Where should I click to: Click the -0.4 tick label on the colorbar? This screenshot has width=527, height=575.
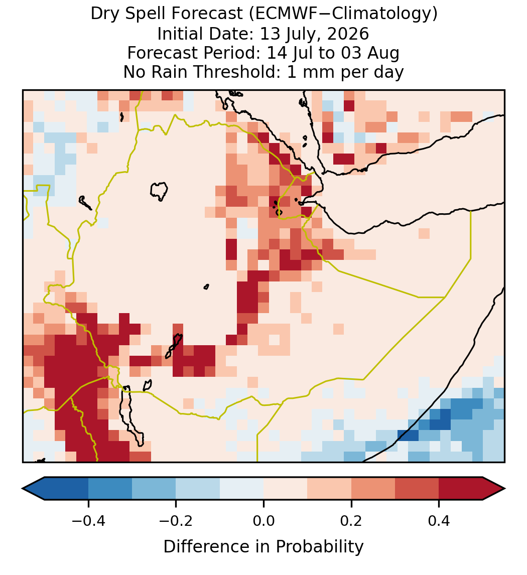tap(88, 520)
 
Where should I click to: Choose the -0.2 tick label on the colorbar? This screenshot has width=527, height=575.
tap(176, 520)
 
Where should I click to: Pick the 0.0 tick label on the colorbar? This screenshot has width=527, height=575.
tap(263, 520)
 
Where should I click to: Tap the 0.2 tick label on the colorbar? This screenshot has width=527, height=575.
tap(351, 520)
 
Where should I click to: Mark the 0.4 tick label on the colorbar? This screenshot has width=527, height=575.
tap(439, 520)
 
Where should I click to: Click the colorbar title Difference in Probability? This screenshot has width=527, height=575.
tap(263, 547)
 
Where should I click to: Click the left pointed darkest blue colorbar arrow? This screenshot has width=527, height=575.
tap(34, 489)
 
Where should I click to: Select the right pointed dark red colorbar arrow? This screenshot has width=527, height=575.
tap(494, 489)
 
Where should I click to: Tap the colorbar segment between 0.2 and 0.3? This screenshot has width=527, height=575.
tap(373, 489)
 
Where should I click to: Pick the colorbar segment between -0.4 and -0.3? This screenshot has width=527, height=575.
tap(110, 489)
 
